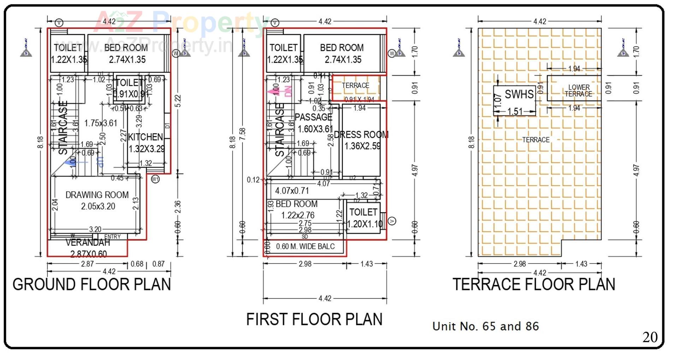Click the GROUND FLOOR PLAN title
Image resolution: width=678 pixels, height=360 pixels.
92,284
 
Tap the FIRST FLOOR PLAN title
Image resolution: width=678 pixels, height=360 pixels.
314,319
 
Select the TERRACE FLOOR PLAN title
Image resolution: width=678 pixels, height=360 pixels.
534,284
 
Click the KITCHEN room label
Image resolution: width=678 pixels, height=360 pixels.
145,137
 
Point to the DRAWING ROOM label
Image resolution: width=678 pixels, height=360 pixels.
97,195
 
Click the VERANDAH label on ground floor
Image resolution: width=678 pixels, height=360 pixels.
88,243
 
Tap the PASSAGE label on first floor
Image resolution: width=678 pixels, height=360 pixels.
314,117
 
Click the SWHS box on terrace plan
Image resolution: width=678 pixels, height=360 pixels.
515,100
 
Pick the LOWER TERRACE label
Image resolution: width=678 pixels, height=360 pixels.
578,91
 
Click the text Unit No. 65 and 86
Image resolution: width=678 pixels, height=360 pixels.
486,326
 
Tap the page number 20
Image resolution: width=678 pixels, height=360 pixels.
650,337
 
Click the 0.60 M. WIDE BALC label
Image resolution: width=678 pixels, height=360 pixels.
305,247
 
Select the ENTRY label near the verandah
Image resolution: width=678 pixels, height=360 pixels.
112,237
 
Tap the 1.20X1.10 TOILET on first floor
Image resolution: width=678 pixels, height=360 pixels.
364,218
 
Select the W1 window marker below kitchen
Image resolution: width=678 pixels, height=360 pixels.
155,179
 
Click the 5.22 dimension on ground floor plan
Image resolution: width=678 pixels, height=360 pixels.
178,101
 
